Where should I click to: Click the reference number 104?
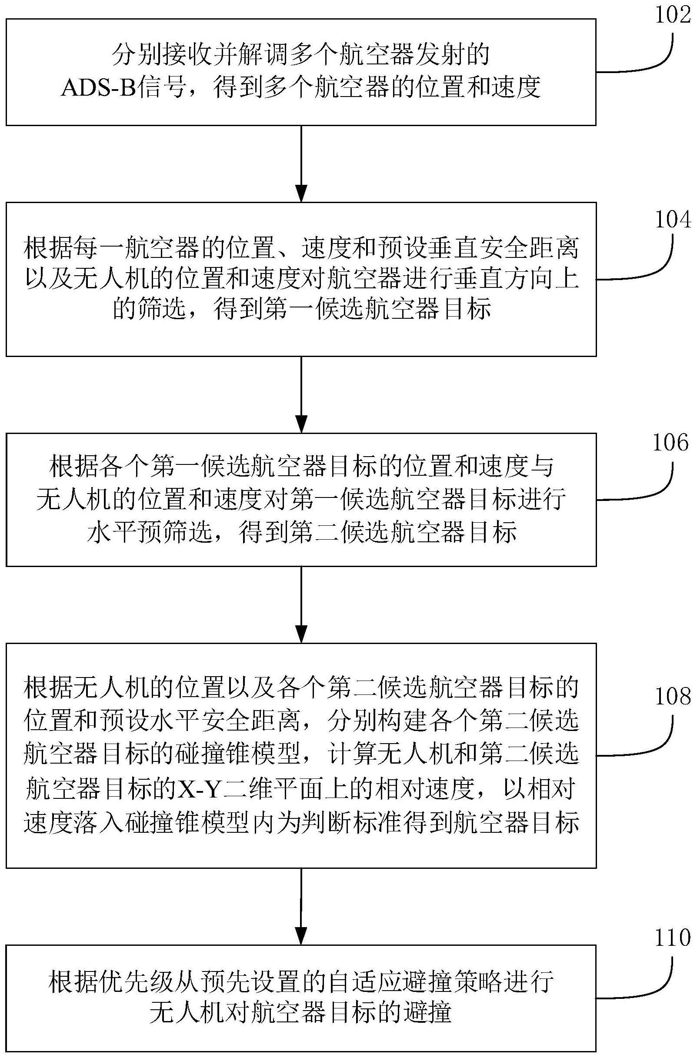(x=673, y=220)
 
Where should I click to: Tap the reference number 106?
(x=670, y=443)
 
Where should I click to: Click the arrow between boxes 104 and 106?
(x=301, y=394)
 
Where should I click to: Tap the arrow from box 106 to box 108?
(x=301, y=604)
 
